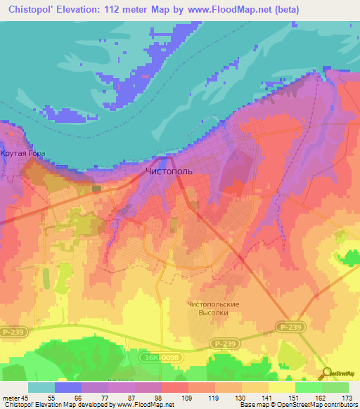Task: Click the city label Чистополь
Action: [169, 171]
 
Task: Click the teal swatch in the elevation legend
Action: [41, 387]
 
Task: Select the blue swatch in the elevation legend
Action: [68, 387]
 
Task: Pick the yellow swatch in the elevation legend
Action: [282, 387]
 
